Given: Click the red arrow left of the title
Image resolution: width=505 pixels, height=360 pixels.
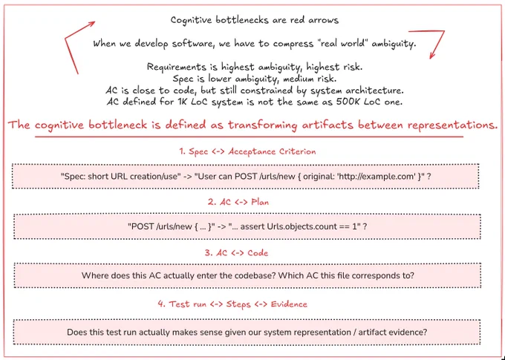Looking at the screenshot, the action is (65, 39).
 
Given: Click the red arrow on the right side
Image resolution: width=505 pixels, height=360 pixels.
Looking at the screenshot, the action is (443, 32).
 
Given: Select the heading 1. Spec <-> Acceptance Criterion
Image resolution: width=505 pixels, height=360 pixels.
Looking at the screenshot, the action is (247, 151).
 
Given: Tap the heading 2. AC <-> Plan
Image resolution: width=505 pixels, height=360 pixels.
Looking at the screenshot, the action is (238, 202).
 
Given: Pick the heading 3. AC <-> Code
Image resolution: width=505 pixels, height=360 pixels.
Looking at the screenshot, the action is (236, 253).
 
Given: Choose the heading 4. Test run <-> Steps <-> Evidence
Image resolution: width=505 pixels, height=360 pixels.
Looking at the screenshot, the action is (232, 304).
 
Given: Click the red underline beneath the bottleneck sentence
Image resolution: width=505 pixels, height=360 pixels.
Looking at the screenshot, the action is (249, 137).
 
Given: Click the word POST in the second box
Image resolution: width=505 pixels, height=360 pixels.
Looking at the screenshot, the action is (140, 226).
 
